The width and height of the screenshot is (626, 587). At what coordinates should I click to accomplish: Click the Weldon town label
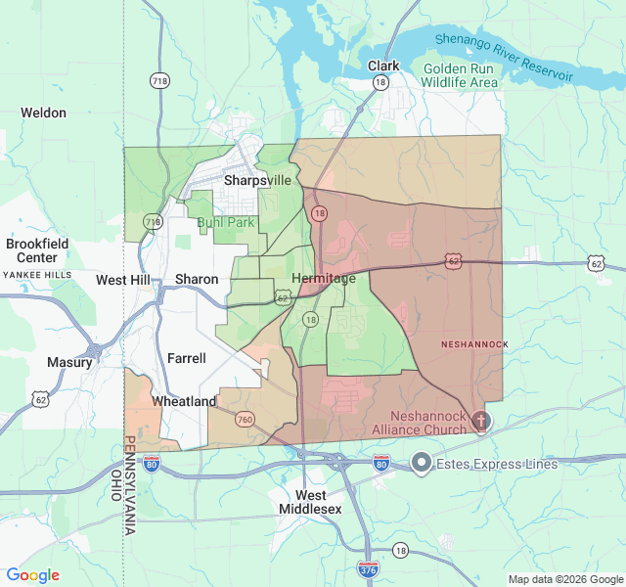coord(44,113)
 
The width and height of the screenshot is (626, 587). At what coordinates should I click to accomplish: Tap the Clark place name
coord(383,66)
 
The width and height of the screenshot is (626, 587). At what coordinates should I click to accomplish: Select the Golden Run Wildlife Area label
coord(460,75)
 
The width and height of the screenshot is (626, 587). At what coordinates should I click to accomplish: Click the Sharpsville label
coord(258,180)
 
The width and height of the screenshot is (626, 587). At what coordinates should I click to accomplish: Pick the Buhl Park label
coord(226,222)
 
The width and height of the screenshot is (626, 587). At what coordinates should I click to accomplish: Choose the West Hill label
coord(122,280)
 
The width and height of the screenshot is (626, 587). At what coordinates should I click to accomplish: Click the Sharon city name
coord(197,279)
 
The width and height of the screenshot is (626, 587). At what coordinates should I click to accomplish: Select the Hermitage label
coord(324,279)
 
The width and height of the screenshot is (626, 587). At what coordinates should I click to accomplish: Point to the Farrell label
coord(187,358)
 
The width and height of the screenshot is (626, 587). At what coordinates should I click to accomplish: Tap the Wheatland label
coord(184,401)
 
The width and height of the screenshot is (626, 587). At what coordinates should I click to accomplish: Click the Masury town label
coord(69,362)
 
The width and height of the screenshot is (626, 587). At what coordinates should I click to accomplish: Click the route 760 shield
coord(245,420)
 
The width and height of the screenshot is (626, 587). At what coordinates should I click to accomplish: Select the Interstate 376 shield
coord(368,568)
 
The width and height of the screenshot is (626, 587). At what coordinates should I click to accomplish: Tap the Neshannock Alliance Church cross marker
coord(479,421)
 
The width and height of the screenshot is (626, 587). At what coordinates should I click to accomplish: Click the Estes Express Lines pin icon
coord(422,462)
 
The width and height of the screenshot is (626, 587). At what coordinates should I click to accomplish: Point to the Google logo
coord(33,575)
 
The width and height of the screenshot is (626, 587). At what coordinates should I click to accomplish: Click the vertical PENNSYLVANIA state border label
coord(128,485)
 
